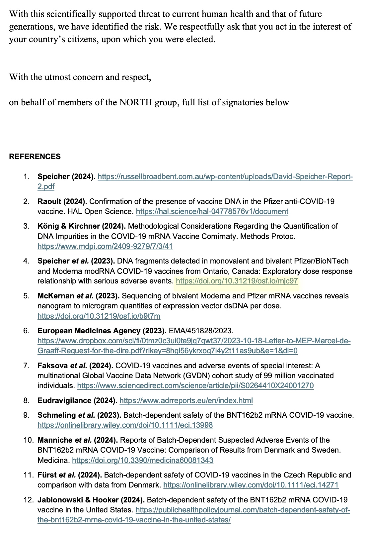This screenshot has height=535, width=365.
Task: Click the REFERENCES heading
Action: point(35,157)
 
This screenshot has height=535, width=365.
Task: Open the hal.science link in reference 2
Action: point(212,211)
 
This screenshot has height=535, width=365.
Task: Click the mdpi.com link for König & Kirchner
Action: point(105,246)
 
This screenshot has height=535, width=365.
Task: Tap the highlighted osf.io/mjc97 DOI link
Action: point(237,281)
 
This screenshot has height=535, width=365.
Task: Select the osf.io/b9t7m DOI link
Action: point(99,316)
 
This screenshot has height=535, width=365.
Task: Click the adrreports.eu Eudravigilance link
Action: point(186,400)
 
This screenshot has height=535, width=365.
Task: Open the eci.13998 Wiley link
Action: point(125,425)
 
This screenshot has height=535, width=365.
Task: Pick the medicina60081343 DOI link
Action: point(143,460)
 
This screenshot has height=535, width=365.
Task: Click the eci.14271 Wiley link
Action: point(251,485)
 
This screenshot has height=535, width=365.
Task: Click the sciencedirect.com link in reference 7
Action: point(195,385)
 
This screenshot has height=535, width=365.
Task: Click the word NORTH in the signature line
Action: point(136,102)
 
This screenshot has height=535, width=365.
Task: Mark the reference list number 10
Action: point(28,440)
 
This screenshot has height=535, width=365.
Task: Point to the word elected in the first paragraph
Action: point(201,39)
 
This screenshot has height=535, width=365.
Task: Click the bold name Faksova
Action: point(52,366)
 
